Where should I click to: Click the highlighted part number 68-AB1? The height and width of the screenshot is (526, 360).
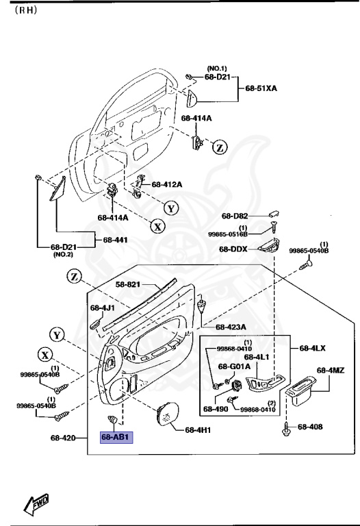[x=116, y=437]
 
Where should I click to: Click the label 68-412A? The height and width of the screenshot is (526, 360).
[x=166, y=184]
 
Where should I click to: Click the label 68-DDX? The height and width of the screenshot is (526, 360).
[x=234, y=249]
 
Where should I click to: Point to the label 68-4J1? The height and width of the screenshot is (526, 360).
[x=100, y=308]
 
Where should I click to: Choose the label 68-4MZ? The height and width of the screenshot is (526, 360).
[x=330, y=371]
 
